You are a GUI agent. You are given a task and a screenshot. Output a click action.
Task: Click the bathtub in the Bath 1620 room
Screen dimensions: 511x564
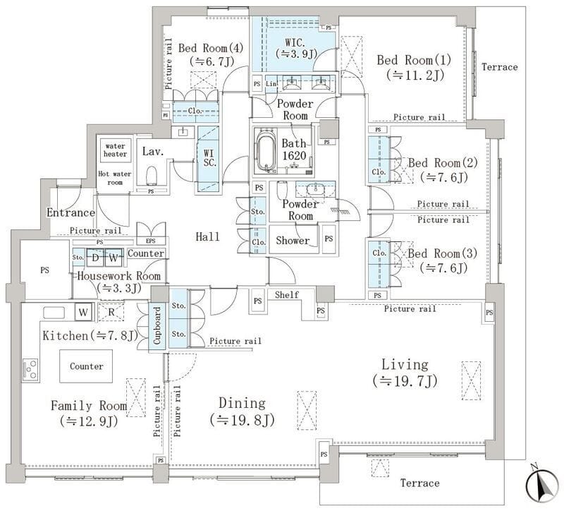(x=267, y=150)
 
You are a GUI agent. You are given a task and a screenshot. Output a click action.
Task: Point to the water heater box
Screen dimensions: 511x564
(x=116, y=150)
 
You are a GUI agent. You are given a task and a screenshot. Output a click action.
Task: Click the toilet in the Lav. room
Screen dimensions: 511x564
(x=150, y=174)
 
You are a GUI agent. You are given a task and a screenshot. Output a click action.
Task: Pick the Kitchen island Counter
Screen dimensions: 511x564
(x=86, y=366)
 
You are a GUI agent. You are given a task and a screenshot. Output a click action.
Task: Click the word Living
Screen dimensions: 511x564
(x=405, y=365)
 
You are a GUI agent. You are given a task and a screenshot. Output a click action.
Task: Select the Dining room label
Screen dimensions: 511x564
(x=242, y=404)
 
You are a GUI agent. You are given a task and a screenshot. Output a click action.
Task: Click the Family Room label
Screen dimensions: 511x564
(x=88, y=406)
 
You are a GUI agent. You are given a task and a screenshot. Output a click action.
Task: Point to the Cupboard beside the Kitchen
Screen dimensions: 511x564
(x=158, y=325)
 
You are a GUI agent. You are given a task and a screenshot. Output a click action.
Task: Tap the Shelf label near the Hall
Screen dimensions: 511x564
(x=287, y=294)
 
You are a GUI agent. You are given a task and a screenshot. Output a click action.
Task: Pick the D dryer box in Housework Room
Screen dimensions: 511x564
(x=94, y=257)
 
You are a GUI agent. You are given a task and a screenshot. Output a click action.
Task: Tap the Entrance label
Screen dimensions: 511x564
(x=70, y=212)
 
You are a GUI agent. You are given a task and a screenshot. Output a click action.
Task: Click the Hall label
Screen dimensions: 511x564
(x=207, y=236)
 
